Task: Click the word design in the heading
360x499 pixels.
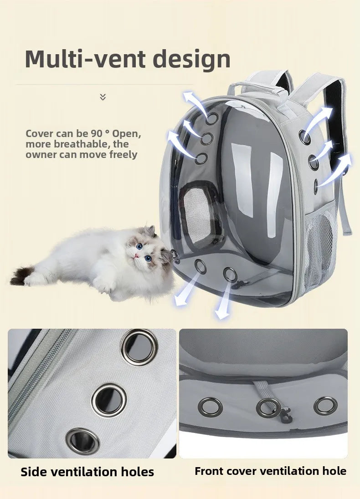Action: point(191,59)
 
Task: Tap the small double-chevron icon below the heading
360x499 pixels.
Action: point(103,97)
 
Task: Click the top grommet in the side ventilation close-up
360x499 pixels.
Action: point(139,347)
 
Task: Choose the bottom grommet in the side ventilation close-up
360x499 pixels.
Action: point(82,440)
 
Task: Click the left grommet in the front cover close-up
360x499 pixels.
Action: point(210,407)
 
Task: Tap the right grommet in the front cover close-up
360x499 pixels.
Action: point(326,406)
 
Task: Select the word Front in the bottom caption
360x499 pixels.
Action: point(210,471)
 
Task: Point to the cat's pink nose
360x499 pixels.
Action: point(136,256)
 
